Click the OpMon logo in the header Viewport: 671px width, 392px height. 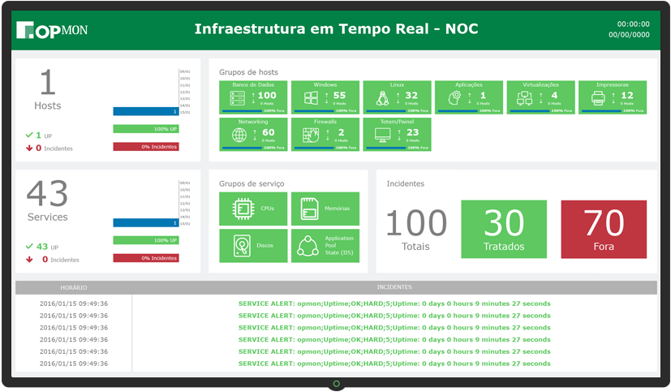(x=51, y=30)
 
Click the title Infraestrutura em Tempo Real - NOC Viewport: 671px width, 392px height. (x=336, y=29)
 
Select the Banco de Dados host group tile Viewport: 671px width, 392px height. (x=253, y=97)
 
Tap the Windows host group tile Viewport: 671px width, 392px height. (x=325, y=97)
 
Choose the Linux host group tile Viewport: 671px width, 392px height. (x=397, y=97)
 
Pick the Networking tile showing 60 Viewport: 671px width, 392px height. (x=253, y=134)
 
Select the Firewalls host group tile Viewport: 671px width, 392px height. (x=325, y=134)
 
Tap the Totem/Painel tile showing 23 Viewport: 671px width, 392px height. (x=397, y=134)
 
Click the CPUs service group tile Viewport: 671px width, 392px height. (x=253, y=209)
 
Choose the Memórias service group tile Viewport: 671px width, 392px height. (x=325, y=209)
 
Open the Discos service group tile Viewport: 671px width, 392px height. (x=253, y=246)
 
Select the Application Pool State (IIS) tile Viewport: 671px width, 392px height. (x=325, y=246)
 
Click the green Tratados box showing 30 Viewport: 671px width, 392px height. (x=505, y=228)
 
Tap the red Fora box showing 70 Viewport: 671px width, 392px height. (x=603, y=228)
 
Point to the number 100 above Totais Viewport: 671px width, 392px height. (x=415, y=223)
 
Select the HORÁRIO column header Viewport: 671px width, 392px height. (x=73, y=287)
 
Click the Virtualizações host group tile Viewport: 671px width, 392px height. (x=541, y=97)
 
